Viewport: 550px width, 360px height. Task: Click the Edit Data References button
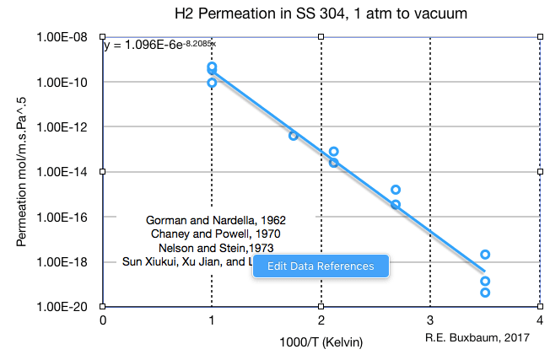[321, 266]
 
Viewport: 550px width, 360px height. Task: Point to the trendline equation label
[159, 45]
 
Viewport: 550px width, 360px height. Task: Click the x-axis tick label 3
[430, 320]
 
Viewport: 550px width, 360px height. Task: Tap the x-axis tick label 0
[103, 320]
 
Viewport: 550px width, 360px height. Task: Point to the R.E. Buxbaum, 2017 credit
[477, 337]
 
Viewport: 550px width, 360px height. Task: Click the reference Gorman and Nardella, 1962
[216, 219]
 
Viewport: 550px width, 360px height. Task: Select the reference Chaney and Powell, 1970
[215, 234]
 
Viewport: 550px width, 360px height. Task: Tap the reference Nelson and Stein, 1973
[216, 247]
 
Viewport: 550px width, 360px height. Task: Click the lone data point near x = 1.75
[294, 136]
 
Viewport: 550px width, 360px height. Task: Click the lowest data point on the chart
[485, 293]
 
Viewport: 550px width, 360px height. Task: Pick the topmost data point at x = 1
[212, 67]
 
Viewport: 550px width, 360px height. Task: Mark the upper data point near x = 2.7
[396, 190]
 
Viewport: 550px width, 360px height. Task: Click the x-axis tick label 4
[539, 320]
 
